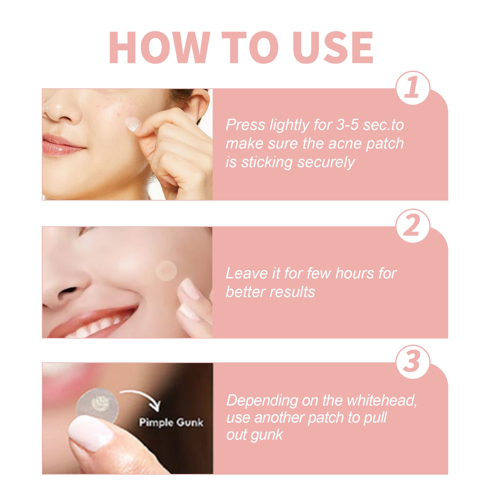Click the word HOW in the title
click(159, 48)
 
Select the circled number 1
click(413, 88)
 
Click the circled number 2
click(413, 226)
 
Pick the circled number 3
click(413, 362)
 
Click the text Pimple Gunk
click(171, 422)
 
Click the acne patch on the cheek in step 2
click(166, 271)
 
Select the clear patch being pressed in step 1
click(134, 125)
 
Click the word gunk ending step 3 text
click(268, 435)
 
